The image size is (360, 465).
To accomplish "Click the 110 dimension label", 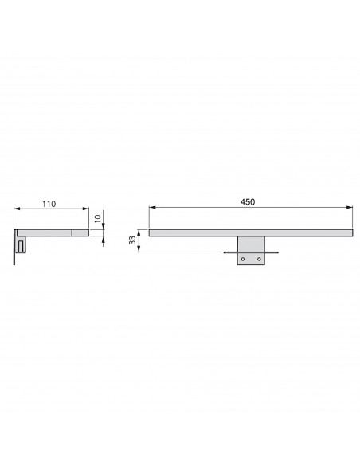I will click(x=49, y=205).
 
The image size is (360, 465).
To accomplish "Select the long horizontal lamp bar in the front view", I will click(x=251, y=232).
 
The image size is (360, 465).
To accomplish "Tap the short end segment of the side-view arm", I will click(x=80, y=233).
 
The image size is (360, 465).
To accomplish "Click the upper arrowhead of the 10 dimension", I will click(x=104, y=227).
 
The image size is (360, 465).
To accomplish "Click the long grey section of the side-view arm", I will click(x=46, y=233).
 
